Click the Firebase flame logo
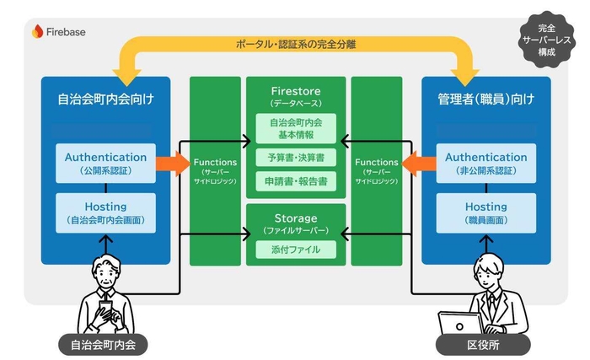click(x=37, y=32)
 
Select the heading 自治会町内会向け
click(x=106, y=99)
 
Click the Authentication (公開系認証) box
click(x=105, y=163)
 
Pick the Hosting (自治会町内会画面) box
click(x=105, y=212)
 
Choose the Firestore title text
click(x=295, y=91)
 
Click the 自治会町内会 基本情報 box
click(x=295, y=129)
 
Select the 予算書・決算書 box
click(x=295, y=158)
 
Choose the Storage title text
click(x=295, y=217)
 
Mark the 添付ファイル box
click(x=295, y=250)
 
